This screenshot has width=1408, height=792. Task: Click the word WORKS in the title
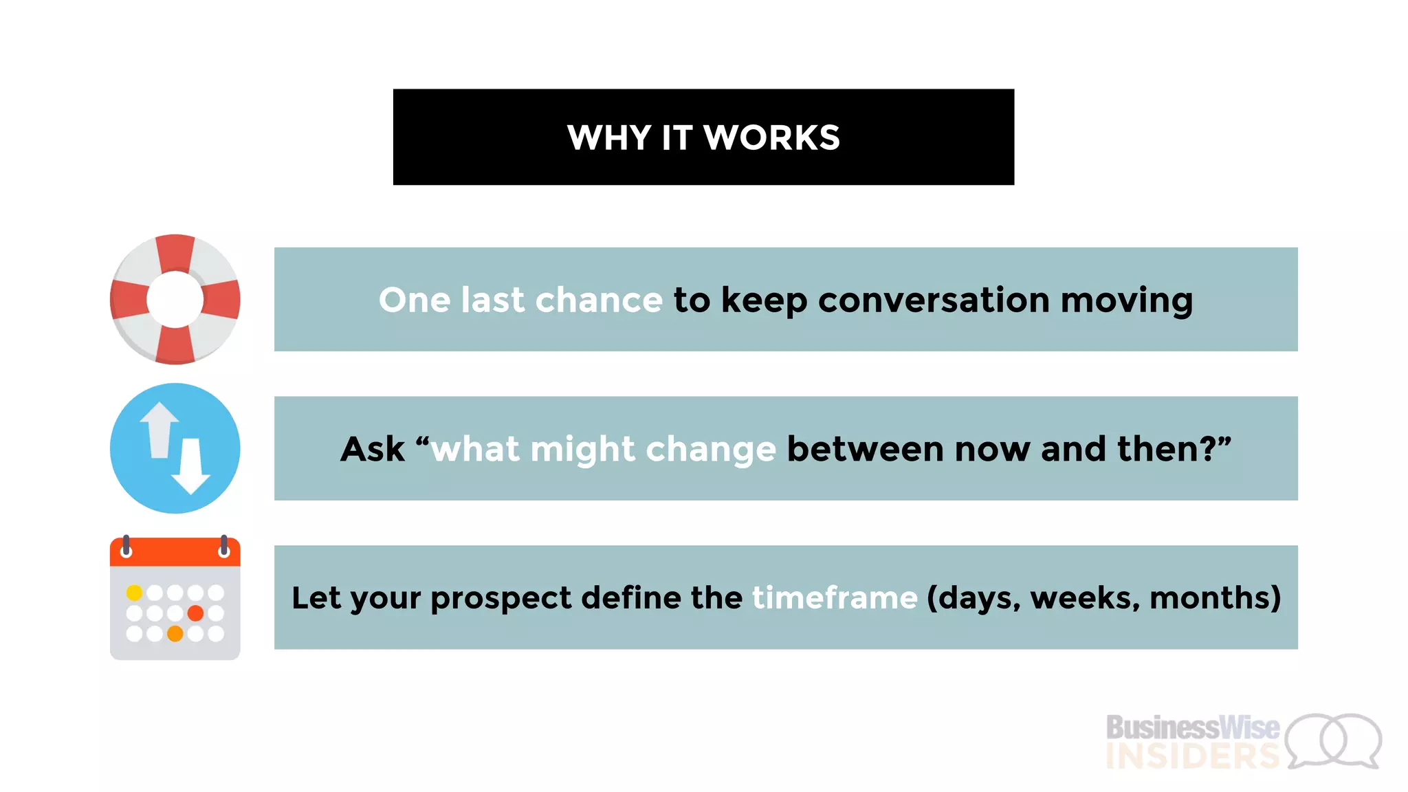(x=771, y=137)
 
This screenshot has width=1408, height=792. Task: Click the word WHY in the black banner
(x=608, y=137)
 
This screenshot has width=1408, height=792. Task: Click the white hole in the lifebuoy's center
(x=175, y=300)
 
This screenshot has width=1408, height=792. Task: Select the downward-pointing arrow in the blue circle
(x=190, y=467)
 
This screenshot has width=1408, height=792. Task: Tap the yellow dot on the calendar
(x=135, y=593)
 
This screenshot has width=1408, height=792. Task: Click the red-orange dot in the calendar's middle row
(x=195, y=613)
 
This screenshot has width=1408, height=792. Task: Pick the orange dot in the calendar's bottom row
(x=175, y=633)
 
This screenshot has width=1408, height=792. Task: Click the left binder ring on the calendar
(x=126, y=547)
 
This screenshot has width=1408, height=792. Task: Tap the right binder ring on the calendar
(x=224, y=547)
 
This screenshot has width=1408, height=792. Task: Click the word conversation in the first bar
(x=933, y=300)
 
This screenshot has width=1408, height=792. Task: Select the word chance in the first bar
(x=598, y=300)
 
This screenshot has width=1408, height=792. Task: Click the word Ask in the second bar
(x=372, y=449)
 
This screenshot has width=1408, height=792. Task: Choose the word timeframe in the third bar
(x=835, y=597)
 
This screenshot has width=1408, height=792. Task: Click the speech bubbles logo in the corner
(x=1334, y=740)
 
